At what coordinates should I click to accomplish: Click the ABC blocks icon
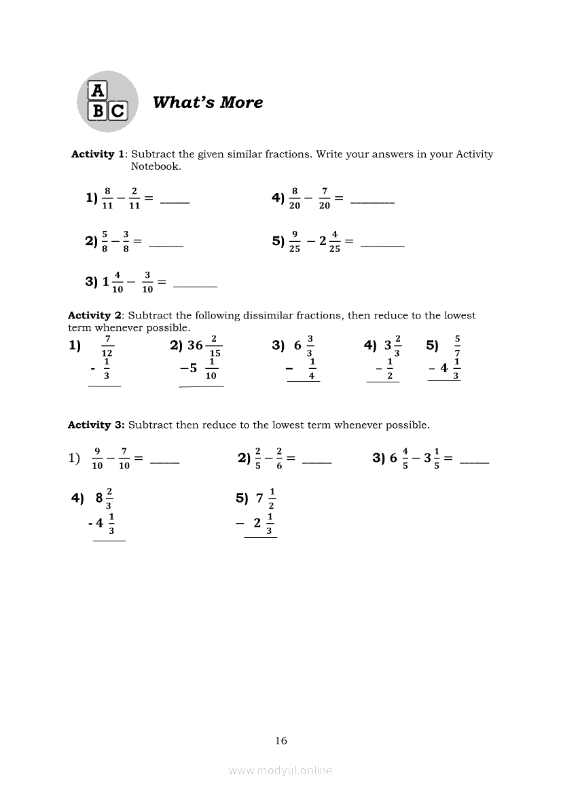coord(107,101)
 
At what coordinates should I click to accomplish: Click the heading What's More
coord(208,103)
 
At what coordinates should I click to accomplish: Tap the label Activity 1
coord(98,154)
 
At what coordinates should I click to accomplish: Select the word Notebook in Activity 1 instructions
coord(156,166)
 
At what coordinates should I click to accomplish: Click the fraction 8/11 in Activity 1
coord(107,198)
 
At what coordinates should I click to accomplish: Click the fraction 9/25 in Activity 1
coord(295,241)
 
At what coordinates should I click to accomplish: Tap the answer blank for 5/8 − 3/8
coord(166,244)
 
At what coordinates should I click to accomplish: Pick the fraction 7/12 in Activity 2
coord(107,346)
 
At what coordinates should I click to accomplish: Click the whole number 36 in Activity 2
coord(196,345)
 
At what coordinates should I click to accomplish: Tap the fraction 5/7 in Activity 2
coord(457,346)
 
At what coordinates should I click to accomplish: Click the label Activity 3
coord(96,425)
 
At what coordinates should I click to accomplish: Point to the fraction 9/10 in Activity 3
coord(97,458)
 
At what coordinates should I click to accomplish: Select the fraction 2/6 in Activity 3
coord(279,458)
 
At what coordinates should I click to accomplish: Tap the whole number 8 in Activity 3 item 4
coord(99,498)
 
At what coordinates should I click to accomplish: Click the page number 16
coord(281,740)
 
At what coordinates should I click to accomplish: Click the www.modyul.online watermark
coord(280,770)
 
